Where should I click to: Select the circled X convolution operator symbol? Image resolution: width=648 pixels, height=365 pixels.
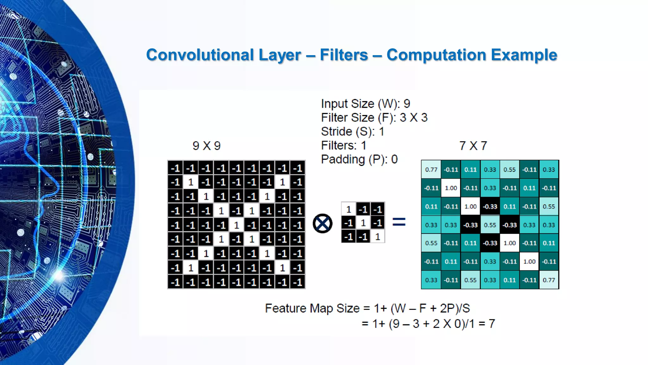click(322, 223)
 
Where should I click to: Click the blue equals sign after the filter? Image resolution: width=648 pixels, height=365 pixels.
click(399, 222)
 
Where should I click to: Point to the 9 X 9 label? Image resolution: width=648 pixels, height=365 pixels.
click(206, 146)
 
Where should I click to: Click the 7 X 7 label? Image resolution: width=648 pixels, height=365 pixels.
click(473, 146)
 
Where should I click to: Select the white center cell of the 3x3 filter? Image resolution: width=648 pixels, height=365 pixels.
click(363, 223)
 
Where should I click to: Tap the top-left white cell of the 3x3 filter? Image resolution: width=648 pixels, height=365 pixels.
click(349, 209)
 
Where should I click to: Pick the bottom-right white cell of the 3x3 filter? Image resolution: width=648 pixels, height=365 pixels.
click(377, 237)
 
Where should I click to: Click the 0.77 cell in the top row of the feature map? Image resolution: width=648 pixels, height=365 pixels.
click(431, 170)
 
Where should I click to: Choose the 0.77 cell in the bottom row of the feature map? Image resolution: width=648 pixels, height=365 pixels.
click(549, 280)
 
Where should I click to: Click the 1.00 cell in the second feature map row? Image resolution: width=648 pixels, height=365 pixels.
click(451, 188)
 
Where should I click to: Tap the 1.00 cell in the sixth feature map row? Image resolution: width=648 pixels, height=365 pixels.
click(529, 262)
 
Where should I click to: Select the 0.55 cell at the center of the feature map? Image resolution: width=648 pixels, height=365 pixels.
click(490, 225)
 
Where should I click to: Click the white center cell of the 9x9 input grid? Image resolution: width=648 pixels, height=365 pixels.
click(236, 225)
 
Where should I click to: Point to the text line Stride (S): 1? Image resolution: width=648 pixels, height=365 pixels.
click(352, 131)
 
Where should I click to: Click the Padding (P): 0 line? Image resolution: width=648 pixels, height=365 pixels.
click(359, 159)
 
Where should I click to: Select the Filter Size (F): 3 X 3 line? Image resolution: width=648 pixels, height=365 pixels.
click(374, 118)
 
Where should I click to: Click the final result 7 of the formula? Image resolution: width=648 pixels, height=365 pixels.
click(492, 324)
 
